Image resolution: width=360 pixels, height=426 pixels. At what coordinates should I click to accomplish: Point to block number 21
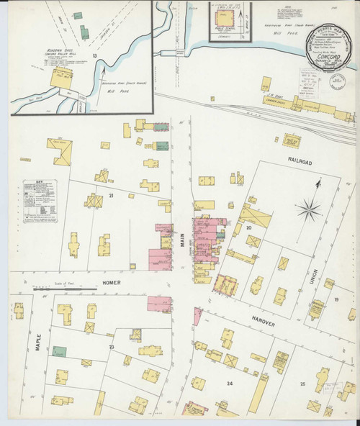[111, 196]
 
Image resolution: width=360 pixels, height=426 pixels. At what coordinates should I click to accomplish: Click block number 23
[112, 347]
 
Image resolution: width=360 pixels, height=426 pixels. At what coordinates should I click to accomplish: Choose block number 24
[230, 384]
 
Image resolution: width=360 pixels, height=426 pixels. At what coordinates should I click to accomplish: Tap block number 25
[302, 384]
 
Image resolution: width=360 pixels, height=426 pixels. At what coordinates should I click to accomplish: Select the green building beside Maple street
[59, 351]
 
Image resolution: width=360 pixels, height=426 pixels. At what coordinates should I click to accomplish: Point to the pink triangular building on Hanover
[197, 315]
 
